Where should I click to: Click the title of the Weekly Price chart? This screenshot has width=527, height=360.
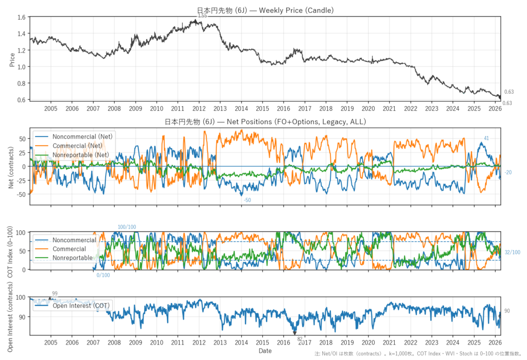tap(265, 10)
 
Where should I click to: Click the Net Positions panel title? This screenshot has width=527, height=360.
tap(265, 122)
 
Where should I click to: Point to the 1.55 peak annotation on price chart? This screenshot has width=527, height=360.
tap(202, 16)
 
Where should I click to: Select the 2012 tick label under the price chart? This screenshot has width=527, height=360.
tap(199, 109)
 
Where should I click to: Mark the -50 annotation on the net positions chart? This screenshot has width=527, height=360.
tap(247, 199)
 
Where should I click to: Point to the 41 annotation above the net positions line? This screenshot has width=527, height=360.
tap(486, 138)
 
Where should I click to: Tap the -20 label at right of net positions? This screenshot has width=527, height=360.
tap(507, 173)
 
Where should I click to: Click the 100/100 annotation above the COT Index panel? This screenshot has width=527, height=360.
tap(127, 227)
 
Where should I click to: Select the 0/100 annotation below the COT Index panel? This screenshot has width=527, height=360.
tap(103, 275)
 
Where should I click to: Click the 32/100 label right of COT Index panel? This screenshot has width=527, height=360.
tap(512, 252)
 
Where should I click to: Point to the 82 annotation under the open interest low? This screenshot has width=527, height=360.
tap(300, 339)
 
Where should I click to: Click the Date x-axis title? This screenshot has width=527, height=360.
tap(265, 351)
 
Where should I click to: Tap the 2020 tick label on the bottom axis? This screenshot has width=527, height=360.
tap(368, 342)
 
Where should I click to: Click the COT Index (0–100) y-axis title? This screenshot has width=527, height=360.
tap(12, 251)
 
